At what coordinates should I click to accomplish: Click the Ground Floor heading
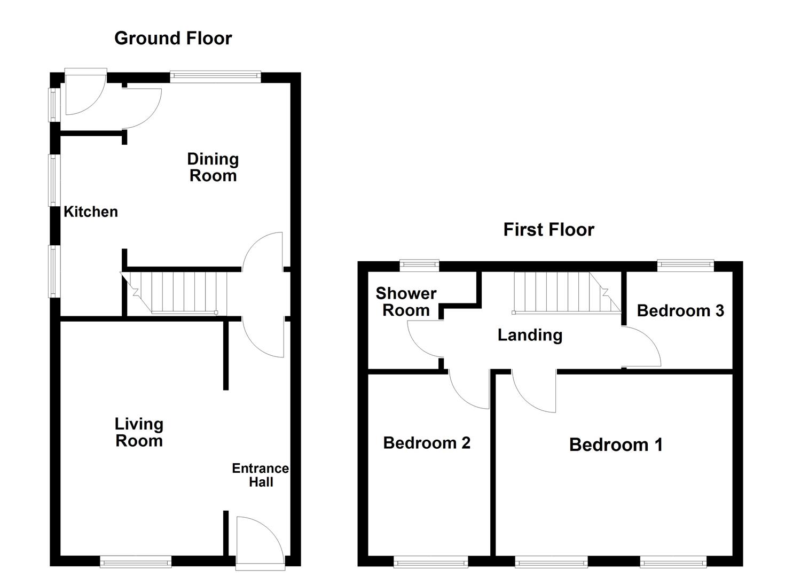(173, 38)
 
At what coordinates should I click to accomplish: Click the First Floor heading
(548, 230)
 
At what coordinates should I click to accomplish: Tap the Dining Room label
(213, 167)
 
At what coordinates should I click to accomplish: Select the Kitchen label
(91, 212)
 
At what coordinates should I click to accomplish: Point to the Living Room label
(139, 432)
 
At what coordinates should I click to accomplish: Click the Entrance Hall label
(260, 475)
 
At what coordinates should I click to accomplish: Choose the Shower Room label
(406, 301)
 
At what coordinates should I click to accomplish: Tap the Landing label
(530, 335)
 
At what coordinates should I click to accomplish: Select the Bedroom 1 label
(616, 445)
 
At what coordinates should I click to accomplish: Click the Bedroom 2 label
(427, 443)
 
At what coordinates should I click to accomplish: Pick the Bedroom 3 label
(680, 310)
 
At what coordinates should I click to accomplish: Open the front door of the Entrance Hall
(258, 540)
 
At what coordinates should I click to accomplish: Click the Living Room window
(136, 561)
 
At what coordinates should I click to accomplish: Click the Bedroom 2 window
(430, 562)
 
